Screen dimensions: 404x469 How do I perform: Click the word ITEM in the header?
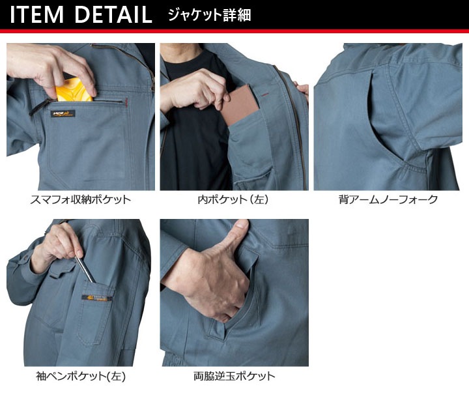point(36,14)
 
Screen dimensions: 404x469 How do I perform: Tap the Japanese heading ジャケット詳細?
point(209,14)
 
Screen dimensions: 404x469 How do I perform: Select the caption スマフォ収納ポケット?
point(81,200)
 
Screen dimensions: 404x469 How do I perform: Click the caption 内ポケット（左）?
point(234,200)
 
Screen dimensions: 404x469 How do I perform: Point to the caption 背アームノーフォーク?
point(388,200)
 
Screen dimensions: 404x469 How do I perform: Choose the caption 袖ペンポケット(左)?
point(81,376)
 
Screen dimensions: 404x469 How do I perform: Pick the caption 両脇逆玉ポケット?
point(234,376)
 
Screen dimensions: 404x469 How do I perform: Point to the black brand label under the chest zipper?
point(64,113)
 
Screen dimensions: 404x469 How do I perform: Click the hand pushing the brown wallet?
point(195,94)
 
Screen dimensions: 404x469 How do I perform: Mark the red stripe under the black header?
point(234,31)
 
